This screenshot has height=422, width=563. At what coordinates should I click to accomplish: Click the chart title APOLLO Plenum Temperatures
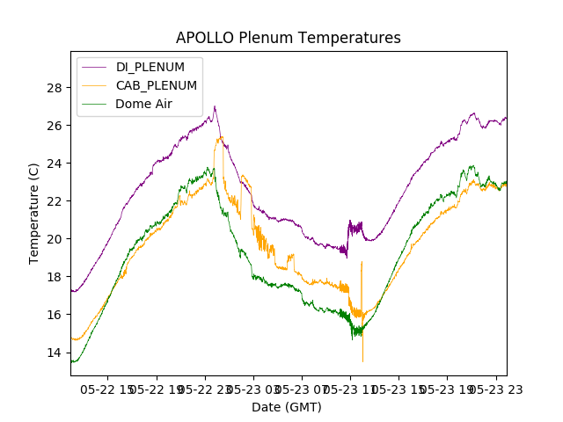click(288, 38)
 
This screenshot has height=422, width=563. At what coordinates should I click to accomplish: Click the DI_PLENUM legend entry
click(150, 67)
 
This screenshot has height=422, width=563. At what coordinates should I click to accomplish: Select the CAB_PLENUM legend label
click(157, 85)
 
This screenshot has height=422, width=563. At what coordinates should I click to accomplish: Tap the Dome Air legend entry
click(144, 104)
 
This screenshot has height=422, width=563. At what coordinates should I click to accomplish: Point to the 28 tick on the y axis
click(55, 88)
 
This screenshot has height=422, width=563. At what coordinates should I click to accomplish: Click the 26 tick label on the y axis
click(55, 126)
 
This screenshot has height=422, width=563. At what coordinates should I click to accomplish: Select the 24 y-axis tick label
click(55, 164)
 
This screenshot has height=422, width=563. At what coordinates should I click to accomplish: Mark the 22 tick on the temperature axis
click(55, 201)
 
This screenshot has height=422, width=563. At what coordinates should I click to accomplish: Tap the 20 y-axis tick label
click(55, 239)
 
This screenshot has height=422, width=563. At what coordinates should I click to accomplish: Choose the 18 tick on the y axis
click(55, 277)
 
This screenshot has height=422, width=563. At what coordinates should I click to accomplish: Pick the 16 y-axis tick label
click(55, 315)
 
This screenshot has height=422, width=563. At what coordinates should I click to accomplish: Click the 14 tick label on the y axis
click(55, 353)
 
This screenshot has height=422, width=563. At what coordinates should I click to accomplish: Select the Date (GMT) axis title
click(287, 407)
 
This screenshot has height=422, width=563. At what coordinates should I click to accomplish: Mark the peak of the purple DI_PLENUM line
click(215, 106)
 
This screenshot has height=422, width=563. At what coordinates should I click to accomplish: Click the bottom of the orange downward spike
click(362, 360)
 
